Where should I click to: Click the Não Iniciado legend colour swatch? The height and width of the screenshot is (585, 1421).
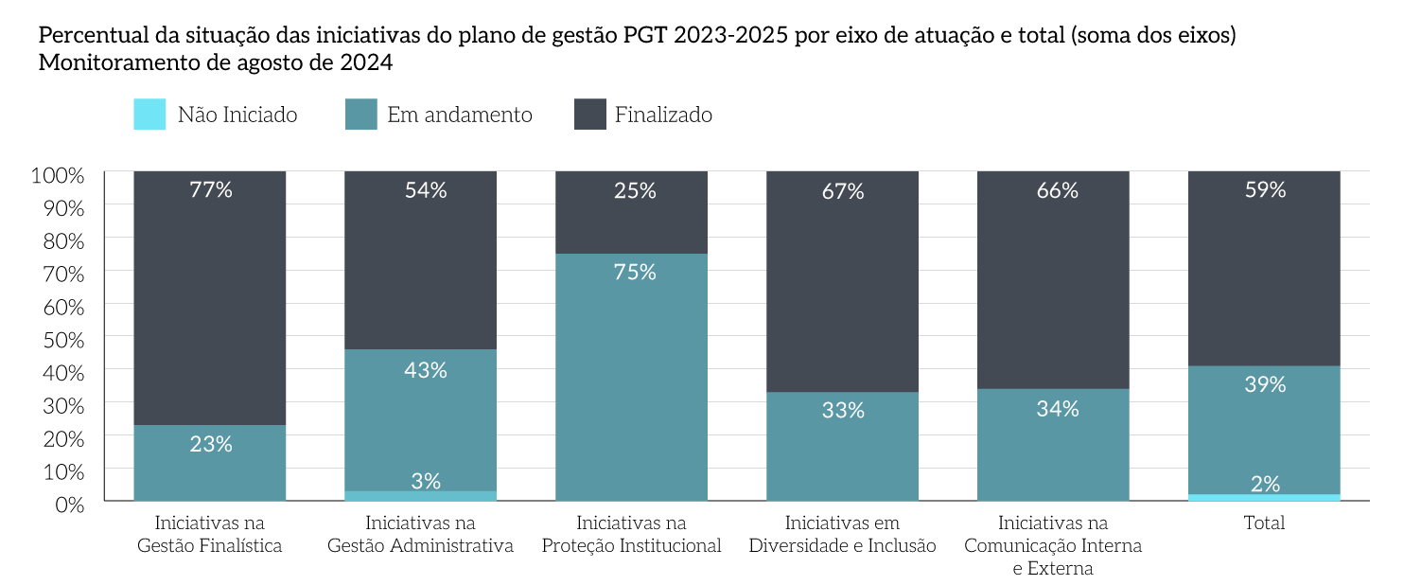click(x=149, y=115)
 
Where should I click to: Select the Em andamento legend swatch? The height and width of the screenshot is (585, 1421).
click(x=361, y=115)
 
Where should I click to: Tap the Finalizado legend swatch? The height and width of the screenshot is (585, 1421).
click(x=590, y=115)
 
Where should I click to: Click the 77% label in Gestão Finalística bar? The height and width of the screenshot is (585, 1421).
click(x=210, y=189)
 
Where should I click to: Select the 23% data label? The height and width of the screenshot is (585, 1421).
click(x=210, y=443)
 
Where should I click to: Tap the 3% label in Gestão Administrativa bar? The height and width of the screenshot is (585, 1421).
click(x=426, y=481)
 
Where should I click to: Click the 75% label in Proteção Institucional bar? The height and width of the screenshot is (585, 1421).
click(x=634, y=272)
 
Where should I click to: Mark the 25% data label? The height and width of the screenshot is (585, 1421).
click(x=634, y=190)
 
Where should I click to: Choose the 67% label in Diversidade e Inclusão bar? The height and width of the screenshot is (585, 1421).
click(x=843, y=191)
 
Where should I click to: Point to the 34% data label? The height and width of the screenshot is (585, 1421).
click(x=1057, y=409)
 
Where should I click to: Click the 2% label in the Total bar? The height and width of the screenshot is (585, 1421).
click(x=1265, y=484)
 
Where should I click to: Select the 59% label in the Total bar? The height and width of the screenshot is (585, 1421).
click(x=1265, y=189)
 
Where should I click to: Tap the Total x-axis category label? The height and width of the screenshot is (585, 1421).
click(x=1265, y=523)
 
